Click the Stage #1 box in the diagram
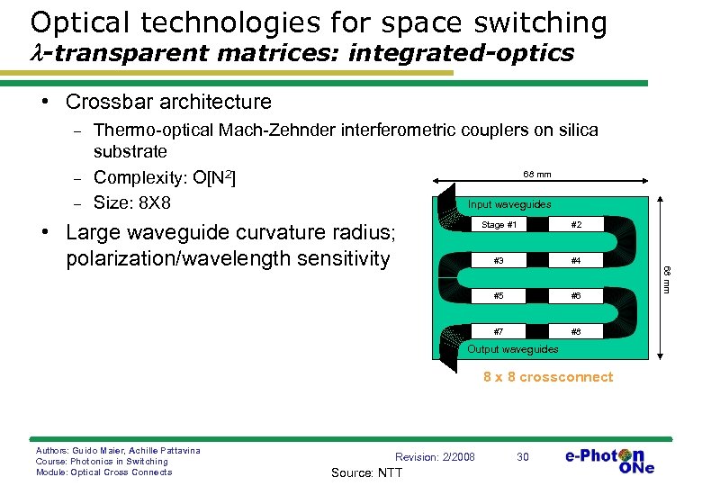(x=499, y=225)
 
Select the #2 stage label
(x=575, y=225)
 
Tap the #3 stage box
(x=499, y=261)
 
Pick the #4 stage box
(x=575, y=261)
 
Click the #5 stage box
(x=499, y=296)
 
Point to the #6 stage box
(x=575, y=296)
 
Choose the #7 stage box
(x=499, y=331)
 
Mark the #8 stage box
(x=575, y=331)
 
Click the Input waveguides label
(x=509, y=204)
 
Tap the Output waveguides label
(x=513, y=349)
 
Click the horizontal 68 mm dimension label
(x=537, y=175)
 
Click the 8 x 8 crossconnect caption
(x=547, y=377)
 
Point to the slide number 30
(x=522, y=457)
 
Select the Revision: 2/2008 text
(x=436, y=457)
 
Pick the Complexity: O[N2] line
(x=165, y=177)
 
